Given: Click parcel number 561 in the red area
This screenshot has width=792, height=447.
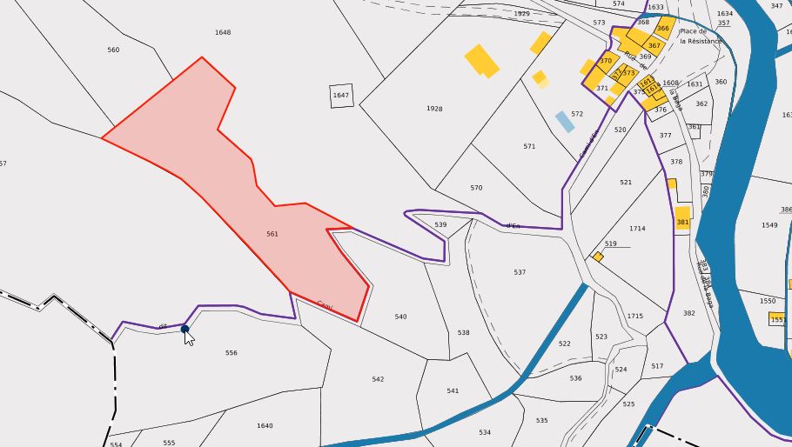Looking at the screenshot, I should pyautogui.click(x=272, y=234).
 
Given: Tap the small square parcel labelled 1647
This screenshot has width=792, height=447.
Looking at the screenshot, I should pyautogui.click(x=341, y=95).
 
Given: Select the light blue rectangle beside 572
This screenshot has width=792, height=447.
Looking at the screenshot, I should pyautogui.click(x=565, y=122).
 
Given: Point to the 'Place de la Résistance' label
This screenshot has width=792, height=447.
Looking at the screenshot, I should pyautogui.click(x=701, y=36).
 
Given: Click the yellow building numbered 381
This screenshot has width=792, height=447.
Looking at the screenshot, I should pyautogui.click(x=682, y=217).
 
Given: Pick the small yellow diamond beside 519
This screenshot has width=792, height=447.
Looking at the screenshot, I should pyautogui.click(x=598, y=257).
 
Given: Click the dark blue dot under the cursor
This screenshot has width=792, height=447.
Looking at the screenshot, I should pyautogui.click(x=185, y=329).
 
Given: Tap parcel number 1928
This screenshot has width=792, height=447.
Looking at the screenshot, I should pyautogui.click(x=434, y=109).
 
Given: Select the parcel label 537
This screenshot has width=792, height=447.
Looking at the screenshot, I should pyautogui.click(x=520, y=272).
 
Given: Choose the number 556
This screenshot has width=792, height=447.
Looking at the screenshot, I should pyautogui.click(x=231, y=353).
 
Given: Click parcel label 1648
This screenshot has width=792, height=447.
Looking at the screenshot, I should pyautogui.click(x=223, y=32).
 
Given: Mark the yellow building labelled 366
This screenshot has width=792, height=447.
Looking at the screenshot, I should pyautogui.click(x=663, y=28).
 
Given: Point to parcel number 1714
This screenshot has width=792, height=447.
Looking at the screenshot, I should pyautogui.click(x=637, y=229).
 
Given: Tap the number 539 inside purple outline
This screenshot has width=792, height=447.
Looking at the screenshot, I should pyautogui.click(x=440, y=225).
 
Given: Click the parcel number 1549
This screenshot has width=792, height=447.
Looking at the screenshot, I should pyautogui.click(x=769, y=225).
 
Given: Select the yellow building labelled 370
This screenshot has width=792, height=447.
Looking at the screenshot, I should pyautogui.click(x=605, y=61).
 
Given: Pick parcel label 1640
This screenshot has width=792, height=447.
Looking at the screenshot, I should pyautogui.click(x=265, y=425).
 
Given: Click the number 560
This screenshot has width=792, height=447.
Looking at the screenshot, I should pyautogui.click(x=113, y=50).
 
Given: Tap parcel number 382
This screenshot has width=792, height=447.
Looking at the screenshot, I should pyautogui.click(x=689, y=313).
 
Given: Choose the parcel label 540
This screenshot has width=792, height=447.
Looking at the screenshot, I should pyautogui.click(x=400, y=317).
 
